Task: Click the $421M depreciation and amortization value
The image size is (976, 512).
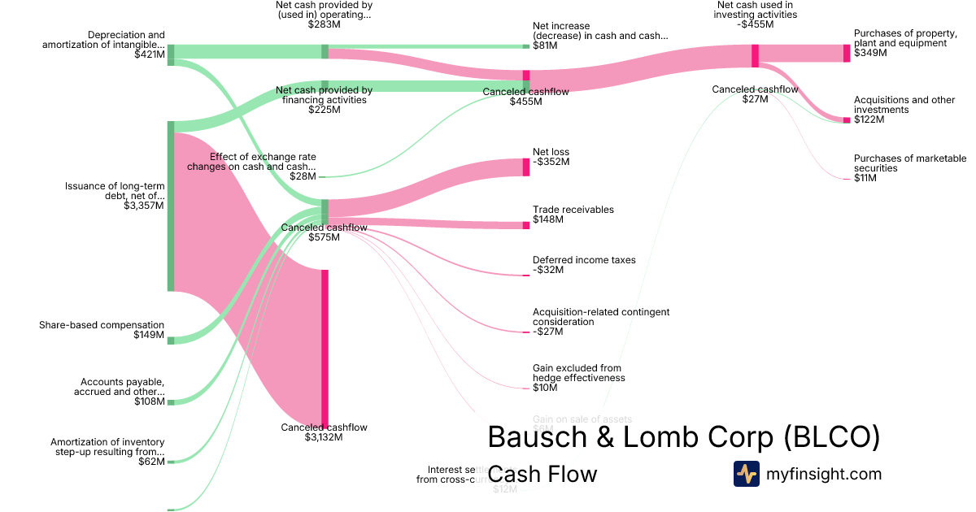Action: coord(149,55)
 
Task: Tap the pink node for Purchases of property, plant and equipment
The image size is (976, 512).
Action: coord(847,53)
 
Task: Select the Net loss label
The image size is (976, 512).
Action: coord(551,152)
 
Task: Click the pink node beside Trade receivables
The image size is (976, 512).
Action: coord(525,224)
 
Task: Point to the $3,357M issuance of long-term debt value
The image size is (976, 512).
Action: coord(143,206)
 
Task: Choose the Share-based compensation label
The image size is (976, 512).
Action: coord(102,325)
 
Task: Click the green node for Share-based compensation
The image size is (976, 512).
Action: coord(171,341)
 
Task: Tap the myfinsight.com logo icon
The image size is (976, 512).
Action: coord(746,474)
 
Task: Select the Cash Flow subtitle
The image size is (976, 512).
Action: coord(542,474)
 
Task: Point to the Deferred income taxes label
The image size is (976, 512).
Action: coord(584,260)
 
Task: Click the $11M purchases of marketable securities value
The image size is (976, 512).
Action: coord(865,178)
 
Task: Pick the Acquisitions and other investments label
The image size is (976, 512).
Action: coord(904,105)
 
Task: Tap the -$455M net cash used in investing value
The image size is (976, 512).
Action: coord(756,24)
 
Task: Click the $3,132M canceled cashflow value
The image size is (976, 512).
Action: coord(324,437)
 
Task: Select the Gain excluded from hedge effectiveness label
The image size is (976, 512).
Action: coord(578,373)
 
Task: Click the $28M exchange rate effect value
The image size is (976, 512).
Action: coord(303,176)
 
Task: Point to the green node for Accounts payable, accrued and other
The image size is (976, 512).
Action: coord(171,401)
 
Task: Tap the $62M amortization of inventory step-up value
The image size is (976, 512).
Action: coord(151,462)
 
